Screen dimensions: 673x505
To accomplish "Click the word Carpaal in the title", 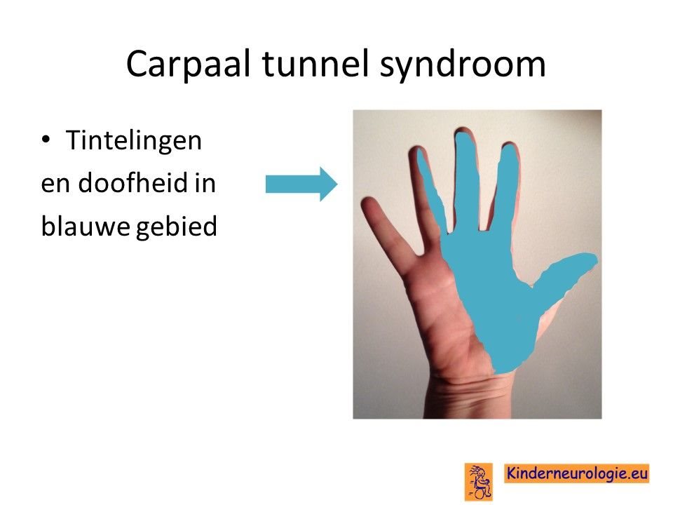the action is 188,65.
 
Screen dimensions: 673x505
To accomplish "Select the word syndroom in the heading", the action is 463,65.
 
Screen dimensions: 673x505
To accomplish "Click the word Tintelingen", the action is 133,141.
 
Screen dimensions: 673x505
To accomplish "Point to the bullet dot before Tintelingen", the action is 46,140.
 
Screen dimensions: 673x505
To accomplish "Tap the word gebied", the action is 177,227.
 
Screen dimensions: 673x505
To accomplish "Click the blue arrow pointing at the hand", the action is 301,184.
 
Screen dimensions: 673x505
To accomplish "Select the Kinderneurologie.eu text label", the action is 576,473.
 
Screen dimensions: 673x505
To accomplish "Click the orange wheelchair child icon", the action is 479,481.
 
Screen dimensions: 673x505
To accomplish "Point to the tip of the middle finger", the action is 463,130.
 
